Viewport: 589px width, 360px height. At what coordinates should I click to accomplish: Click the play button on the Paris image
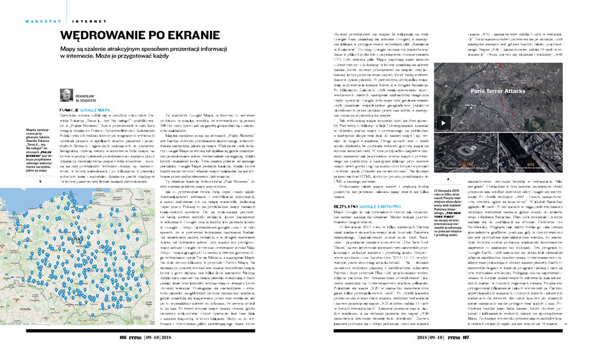443,124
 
